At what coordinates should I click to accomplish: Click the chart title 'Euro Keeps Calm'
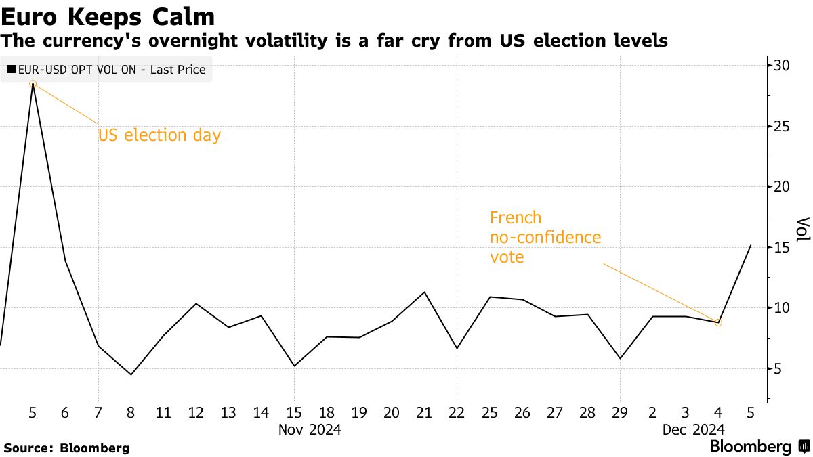point(108,16)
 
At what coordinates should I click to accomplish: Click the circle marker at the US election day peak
point(33,84)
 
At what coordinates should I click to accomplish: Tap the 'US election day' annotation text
point(159,135)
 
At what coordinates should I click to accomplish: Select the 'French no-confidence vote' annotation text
point(545,238)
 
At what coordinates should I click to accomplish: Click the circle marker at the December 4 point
point(718,323)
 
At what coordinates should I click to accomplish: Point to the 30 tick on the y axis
point(783,66)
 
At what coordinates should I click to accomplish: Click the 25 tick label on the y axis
point(783,127)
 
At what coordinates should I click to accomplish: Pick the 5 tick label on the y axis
point(779,369)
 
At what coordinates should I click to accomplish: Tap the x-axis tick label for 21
point(424,412)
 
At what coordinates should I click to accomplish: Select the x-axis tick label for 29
point(620,412)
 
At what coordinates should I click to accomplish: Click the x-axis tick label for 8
point(131,412)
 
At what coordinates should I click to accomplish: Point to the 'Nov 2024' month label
point(310,429)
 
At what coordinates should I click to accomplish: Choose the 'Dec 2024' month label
point(694,429)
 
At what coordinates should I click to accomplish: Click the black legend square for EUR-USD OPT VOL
point(12,70)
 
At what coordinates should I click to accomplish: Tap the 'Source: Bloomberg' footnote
point(66,448)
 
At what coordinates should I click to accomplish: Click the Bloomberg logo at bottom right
point(759,447)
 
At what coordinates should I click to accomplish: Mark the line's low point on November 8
point(131,374)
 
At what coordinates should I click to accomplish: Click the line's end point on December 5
point(751,245)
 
